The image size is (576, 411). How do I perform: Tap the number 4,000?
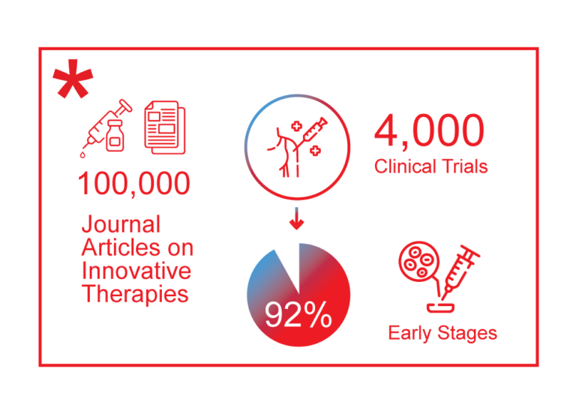point(429,130)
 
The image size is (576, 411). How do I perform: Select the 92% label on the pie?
point(298,316)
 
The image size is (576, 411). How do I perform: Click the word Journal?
point(121,224)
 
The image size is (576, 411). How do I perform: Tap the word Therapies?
point(135,293)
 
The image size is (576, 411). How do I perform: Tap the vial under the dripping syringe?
point(115,139)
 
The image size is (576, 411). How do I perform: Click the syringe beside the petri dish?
point(458,272)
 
